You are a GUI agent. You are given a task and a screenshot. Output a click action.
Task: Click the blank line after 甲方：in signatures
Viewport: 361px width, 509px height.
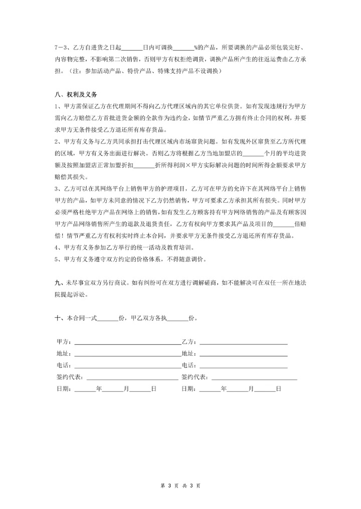coord(127,343)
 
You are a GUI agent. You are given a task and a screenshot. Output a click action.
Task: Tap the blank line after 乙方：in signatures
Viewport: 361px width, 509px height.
coord(244,343)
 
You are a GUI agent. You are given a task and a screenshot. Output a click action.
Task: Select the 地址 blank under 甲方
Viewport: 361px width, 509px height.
coord(127,354)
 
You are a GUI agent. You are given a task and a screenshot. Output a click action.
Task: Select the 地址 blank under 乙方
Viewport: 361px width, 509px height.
coord(244,354)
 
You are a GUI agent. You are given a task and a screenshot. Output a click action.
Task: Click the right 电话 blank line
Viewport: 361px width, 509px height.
coord(244,366)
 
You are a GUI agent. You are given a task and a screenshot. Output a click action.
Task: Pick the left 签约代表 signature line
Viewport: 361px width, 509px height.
coord(132,377)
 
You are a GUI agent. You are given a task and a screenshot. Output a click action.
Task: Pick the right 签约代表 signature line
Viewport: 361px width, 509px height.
coord(255,377)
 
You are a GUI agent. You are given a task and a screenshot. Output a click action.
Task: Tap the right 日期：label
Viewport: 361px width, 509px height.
coord(189,388)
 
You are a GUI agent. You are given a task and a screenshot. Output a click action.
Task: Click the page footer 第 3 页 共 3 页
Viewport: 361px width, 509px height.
coord(180,486)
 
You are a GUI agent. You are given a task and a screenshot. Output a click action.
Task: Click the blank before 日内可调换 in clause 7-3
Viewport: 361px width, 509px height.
coord(132,49)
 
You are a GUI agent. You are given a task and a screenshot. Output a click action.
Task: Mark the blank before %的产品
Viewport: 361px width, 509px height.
coord(184,49)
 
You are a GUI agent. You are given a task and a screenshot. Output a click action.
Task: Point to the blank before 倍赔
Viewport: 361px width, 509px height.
coord(285,225)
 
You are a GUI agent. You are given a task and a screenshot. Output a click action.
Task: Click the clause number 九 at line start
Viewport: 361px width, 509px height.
coord(57,283)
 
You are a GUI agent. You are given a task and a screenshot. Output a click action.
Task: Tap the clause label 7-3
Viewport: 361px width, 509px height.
coord(62,48)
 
